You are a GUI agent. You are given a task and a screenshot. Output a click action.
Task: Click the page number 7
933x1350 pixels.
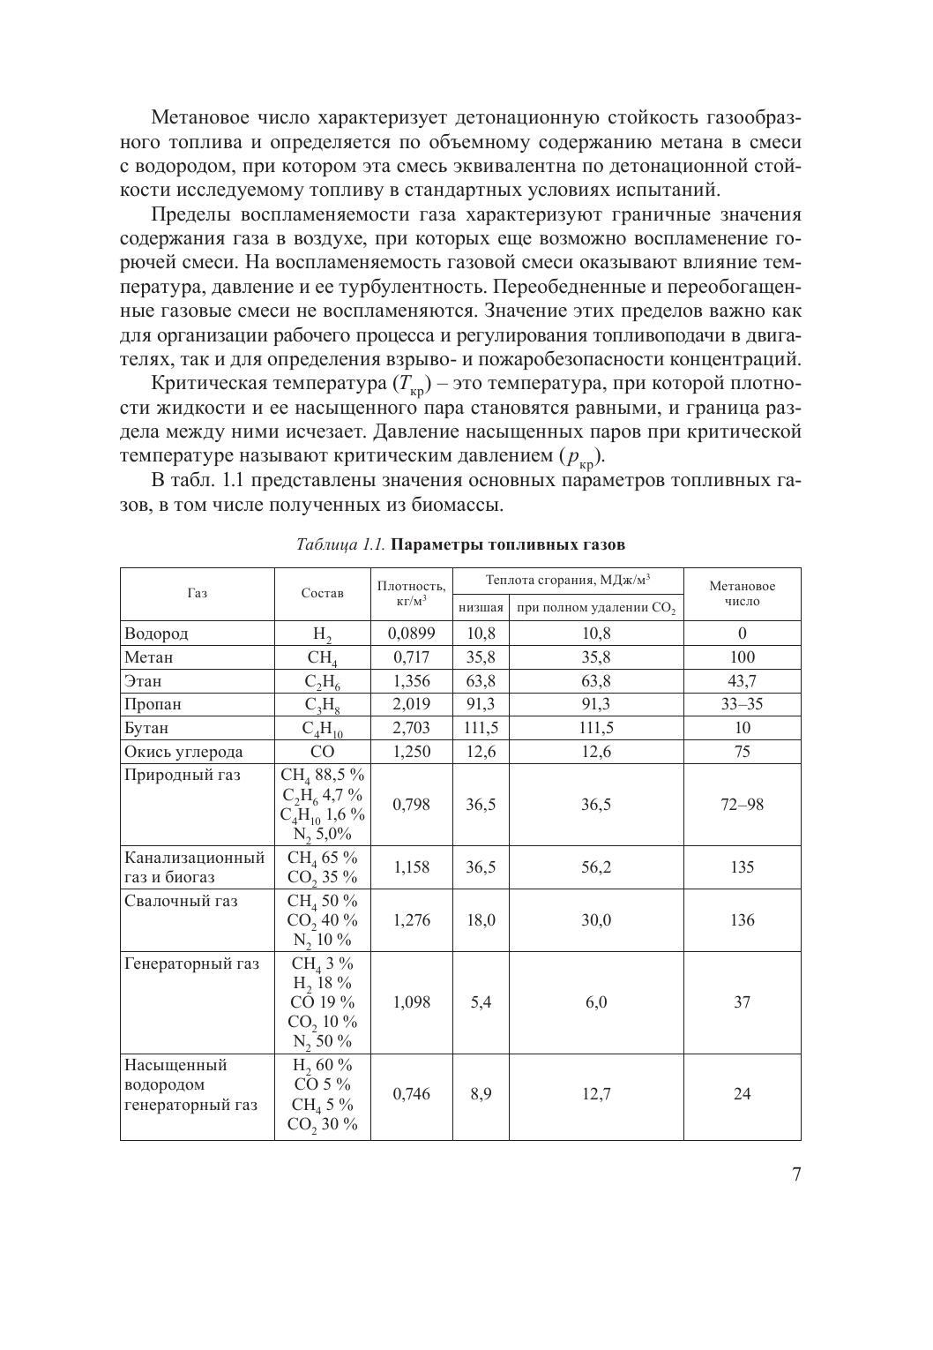tap(795, 1174)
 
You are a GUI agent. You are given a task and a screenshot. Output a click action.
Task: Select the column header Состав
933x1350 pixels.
tap(322, 594)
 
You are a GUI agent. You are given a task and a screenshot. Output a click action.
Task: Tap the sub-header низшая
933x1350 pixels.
tap(481, 608)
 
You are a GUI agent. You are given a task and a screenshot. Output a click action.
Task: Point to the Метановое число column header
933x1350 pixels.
tap(742, 594)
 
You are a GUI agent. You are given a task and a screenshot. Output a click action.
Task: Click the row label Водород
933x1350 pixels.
tap(156, 634)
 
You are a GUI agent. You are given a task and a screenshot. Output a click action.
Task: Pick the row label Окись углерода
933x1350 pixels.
tap(183, 752)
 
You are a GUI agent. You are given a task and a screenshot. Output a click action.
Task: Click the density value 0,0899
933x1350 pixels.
tap(411, 634)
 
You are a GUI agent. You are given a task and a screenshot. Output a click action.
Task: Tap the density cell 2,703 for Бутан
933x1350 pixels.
tap(411, 728)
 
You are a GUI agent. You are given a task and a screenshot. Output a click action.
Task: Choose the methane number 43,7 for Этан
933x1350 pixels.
tap(742, 681)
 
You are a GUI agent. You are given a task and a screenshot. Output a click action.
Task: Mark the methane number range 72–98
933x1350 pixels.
tap(742, 805)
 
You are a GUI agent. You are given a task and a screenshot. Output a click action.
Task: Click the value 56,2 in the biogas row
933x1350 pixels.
tap(596, 867)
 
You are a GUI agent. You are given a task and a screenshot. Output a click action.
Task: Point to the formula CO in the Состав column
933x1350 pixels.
tap(322, 752)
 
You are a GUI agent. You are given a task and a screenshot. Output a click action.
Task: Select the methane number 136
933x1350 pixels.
tap(742, 920)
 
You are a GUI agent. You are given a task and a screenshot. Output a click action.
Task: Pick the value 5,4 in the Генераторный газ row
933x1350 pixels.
tap(481, 1002)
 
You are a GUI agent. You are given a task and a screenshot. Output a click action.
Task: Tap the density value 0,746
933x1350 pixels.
tap(411, 1094)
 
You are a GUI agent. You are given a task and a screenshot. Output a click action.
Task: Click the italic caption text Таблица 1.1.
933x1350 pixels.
tap(341, 544)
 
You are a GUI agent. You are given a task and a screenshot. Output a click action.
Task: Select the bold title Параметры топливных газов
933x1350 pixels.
tap(508, 544)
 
